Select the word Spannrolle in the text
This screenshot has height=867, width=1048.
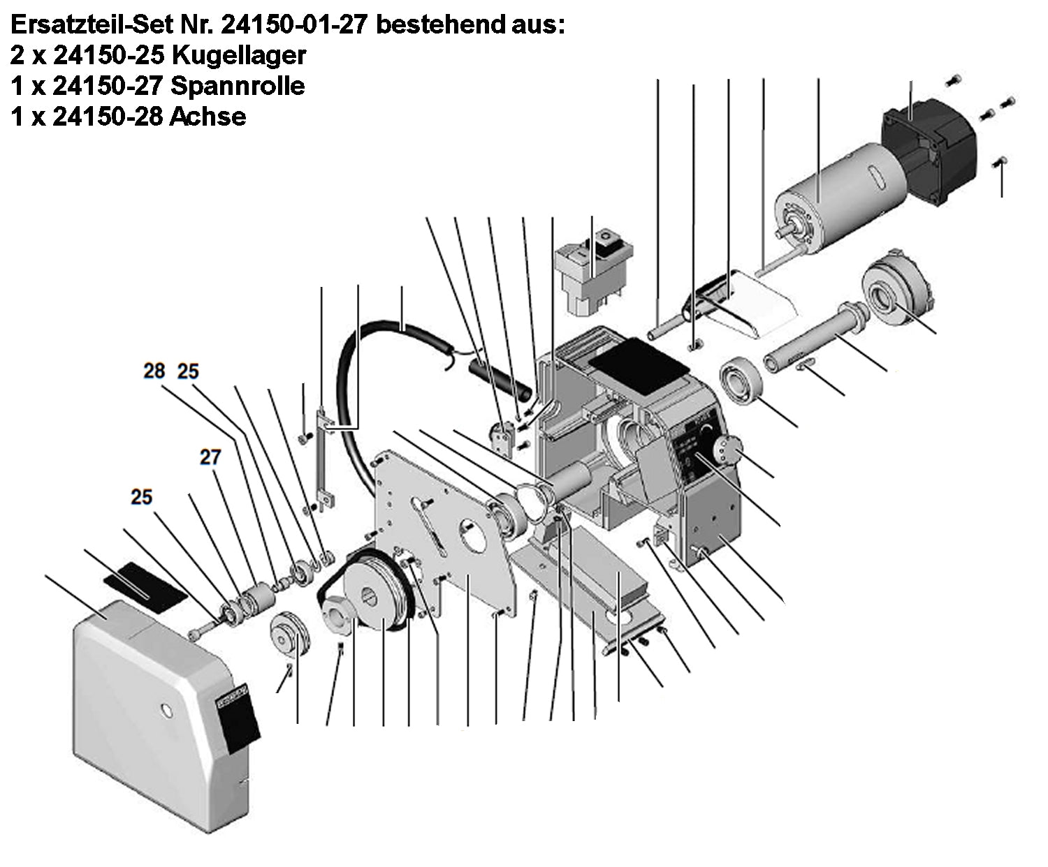point(238,86)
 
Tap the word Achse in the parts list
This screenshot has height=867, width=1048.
point(208,117)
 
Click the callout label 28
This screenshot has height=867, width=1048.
point(154,371)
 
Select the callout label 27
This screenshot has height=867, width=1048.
point(210,457)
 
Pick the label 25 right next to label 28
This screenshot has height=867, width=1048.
point(188,371)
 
